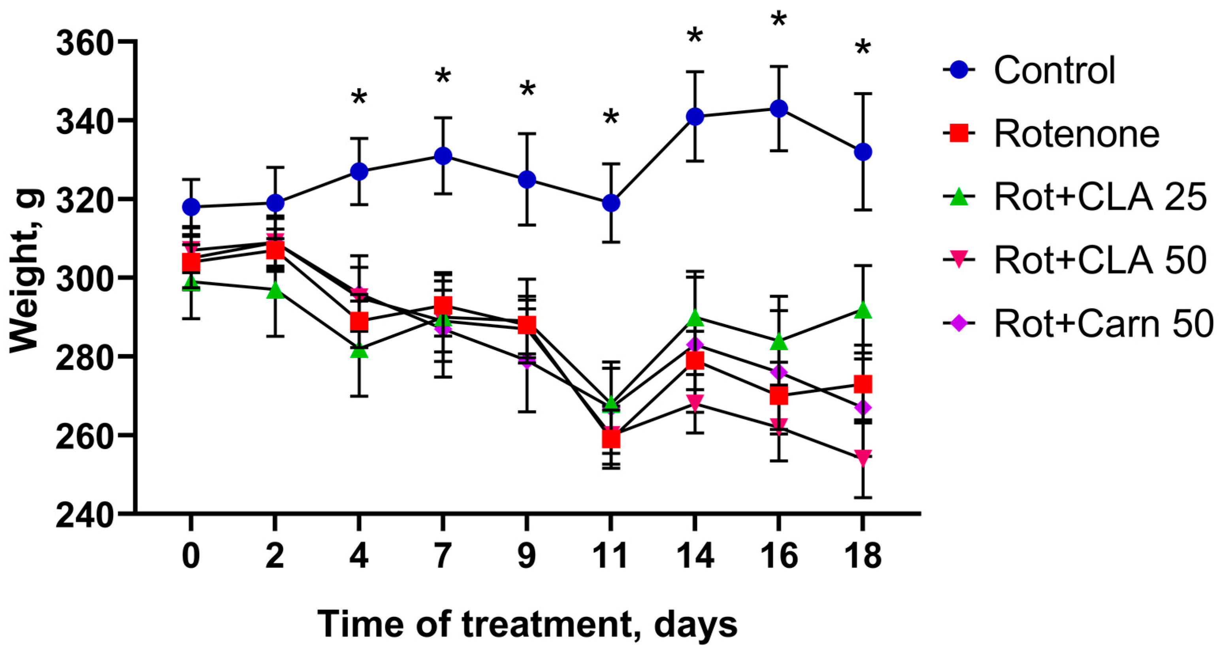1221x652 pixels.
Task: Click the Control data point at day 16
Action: tap(779, 109)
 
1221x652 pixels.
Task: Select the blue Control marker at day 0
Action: tap(191, 207)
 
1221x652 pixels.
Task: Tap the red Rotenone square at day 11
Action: tap(611, 438)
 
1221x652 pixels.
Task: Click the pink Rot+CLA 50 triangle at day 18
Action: tap(863, 457)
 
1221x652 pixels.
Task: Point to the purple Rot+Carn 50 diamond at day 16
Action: tap(779, 372)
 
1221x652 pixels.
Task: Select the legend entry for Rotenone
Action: tap(1076, 134)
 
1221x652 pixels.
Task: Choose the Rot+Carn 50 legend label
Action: tap(1104, 324)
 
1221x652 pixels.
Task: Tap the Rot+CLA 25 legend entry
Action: tap(1100, 197)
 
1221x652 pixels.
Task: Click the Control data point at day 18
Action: tap(863, 152)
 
